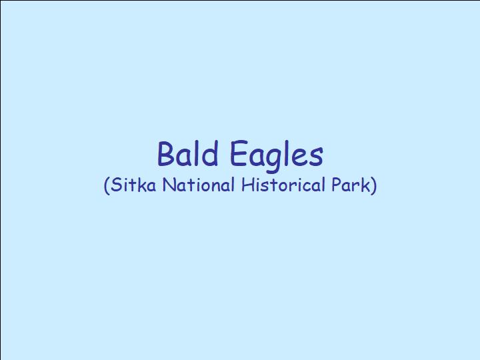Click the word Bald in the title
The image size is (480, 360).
(187, 153)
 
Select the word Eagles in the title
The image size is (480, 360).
(277, 155)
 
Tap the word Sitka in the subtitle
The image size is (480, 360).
(133, 185)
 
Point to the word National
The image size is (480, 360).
(199, 185)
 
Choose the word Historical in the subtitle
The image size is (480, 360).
(283, 185)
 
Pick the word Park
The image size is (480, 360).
(351, 185)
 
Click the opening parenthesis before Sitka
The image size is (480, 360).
(107, 185)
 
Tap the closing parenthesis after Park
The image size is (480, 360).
(374, 185)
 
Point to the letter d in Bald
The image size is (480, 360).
(210, 153)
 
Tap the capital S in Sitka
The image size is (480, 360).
(116, 185)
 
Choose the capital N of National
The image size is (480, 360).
(169, 185)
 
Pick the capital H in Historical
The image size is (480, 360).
(247, 185)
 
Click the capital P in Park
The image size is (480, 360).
(337, 185)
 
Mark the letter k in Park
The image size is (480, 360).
(367, 185)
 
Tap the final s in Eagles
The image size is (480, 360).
(317, 157)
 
